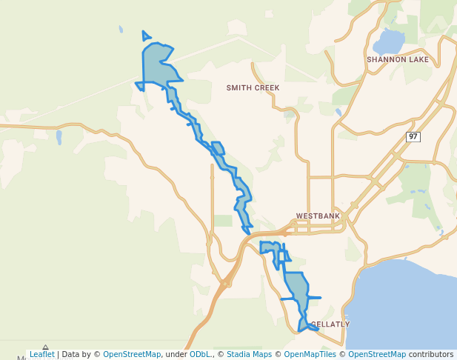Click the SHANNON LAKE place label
(x=398, y=59)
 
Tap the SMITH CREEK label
(x=253, y=87)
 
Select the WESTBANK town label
(x=318, y=216)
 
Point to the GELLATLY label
(x=330, y=324)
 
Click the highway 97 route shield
(x=413, y=136)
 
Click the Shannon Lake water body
(x=389, y=41)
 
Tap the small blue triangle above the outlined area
(x=146, y=36)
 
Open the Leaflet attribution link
(x=41, y=355)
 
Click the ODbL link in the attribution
(x=199, y=355)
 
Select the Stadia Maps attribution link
(x=249, y=355)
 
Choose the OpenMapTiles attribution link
(x=310, y=355)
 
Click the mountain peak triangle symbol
(x=45, y=347)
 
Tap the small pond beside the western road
(x=59, y=137)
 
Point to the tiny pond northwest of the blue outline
(x=121, y=30)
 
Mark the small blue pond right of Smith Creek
(x=338, y=112)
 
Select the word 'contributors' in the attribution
(x=430, y=355)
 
